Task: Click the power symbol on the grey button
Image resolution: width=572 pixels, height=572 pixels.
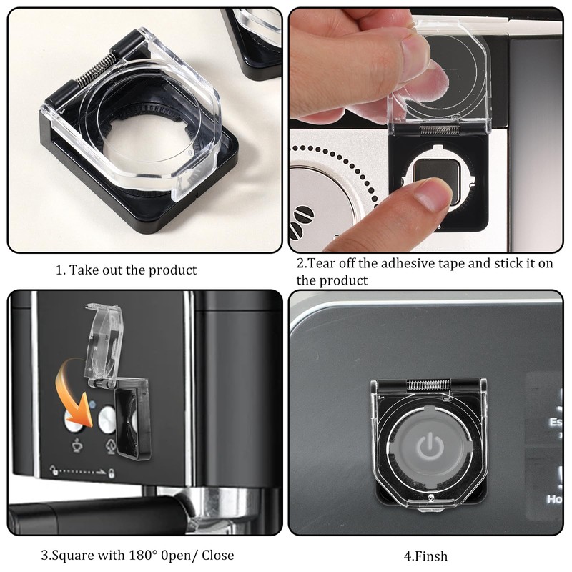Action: pyautogui.click(x=428, y=447)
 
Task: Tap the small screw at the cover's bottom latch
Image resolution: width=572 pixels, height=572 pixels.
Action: pyautogui.click(x=433, y=498)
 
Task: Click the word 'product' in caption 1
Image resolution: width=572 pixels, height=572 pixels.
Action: pyautogui.click(x=172, y=270)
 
